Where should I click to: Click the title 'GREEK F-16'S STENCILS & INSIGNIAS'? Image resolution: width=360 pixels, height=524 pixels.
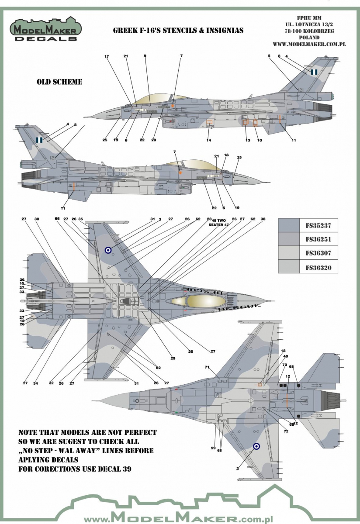pyautogui.click(x=178, y=31)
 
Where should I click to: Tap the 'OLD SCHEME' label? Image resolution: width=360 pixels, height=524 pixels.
pyautogui.click(x=59, y=82)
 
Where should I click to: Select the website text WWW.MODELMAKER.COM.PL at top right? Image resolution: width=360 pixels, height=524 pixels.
pyautogui.click(x=309, y=44)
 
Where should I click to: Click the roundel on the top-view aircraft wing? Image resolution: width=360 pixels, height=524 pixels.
pyautogui.click(x=107, y=250)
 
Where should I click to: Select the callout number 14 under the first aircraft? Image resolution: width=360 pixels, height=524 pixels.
pyautogui.click(x=209, y=140)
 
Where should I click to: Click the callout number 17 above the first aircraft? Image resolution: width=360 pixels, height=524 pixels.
pyautogui.click(x=106, y=56)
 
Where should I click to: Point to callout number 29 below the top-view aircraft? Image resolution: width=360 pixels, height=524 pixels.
pyautogui.click(x=173, y=358)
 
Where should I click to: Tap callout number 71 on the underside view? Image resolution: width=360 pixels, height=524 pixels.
pyautogui.click(x=208, y=368)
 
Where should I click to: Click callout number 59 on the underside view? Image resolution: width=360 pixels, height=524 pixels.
pyautogui.click(x=214, y=448)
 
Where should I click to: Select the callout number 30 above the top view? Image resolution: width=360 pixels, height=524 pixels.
pyautogui.click(x=37, y=219)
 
